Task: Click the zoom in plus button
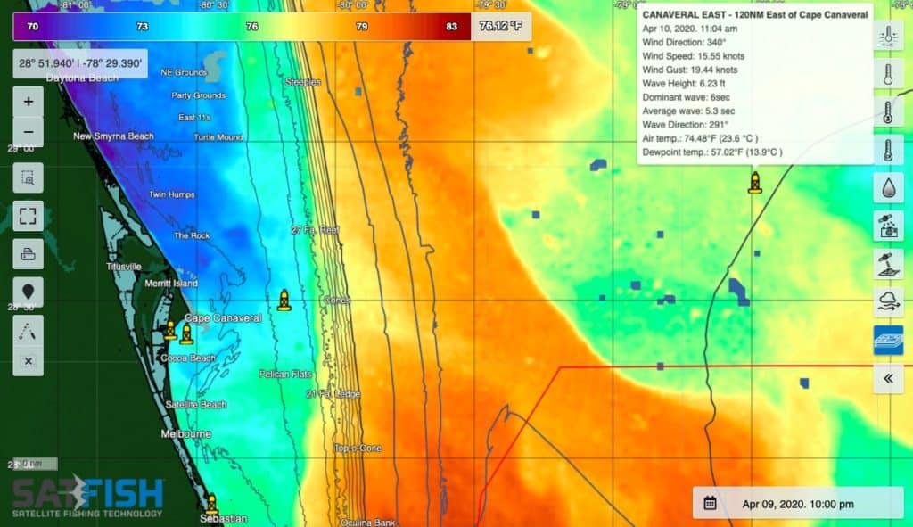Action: point(29,102)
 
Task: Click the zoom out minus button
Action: point(29,132)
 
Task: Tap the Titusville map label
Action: point(123,267)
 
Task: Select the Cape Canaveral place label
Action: point(223,318)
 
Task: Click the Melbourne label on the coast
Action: point(185,433)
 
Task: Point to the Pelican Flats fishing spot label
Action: point(285,374)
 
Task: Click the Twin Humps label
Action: point(169,194)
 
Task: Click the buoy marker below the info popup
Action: point(755,183)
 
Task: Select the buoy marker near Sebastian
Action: point(211,504)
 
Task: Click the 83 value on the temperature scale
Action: point(451,27)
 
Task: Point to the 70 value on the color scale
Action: point(33,27)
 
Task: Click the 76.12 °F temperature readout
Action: point(500,26)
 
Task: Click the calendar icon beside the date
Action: point(710,503)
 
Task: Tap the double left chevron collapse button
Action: point(888,378)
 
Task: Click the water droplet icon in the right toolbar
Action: point(888,188)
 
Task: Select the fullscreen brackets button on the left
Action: point(29,216)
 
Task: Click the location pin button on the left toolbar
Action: point(29,292)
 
